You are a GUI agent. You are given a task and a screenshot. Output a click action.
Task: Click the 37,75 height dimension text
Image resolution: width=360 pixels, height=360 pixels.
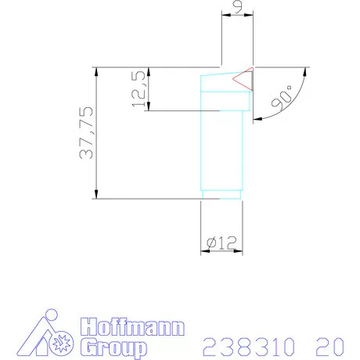click(85, 133)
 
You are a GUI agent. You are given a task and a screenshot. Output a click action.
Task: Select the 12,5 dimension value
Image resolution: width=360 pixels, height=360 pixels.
click(139, 88)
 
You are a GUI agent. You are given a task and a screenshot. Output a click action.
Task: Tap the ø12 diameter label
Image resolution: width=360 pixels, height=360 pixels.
click(221, 243)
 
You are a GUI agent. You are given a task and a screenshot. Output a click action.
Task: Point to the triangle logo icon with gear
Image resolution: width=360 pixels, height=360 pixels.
click(48, 335)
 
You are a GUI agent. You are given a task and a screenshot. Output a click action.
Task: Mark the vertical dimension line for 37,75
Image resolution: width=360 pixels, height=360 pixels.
click(95, 133)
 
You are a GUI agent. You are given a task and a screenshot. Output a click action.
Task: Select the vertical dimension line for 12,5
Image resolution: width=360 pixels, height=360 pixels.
click(149, 88)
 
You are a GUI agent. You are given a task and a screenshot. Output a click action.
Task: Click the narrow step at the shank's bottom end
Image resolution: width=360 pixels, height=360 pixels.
click(222, 194)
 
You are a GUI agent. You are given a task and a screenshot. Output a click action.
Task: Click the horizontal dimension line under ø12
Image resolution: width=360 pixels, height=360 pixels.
click(222, 252)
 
